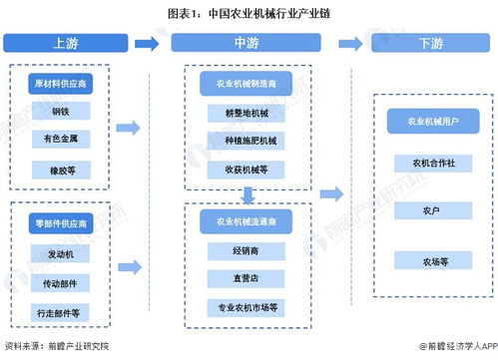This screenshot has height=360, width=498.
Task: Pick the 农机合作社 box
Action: pos(430,162)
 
